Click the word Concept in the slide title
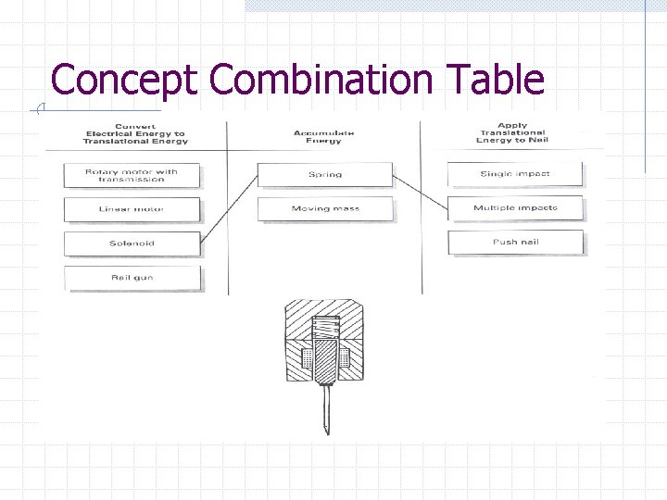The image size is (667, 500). pos(124,80)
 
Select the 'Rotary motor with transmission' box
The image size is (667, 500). pos(132,175)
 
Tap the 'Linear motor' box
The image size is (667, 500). pos(132,209)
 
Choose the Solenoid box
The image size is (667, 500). pos(132,244)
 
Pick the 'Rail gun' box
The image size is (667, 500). pos(132,277)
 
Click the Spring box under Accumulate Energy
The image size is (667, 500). pos(324,174)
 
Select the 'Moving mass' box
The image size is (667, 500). pos(324,208)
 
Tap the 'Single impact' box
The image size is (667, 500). pos(515,173)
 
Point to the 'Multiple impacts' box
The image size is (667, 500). pos(515,207)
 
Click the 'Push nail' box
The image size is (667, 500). pos(515,243)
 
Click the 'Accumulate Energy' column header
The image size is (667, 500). pos(324,136)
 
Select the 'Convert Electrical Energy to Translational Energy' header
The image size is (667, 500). pos(136,133)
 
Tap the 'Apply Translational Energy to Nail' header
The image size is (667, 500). pos(512,132)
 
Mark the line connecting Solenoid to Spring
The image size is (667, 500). pos(230,207)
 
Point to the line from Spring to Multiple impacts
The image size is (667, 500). pos(421,192)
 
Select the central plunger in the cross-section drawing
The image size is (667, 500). pos(323,362)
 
